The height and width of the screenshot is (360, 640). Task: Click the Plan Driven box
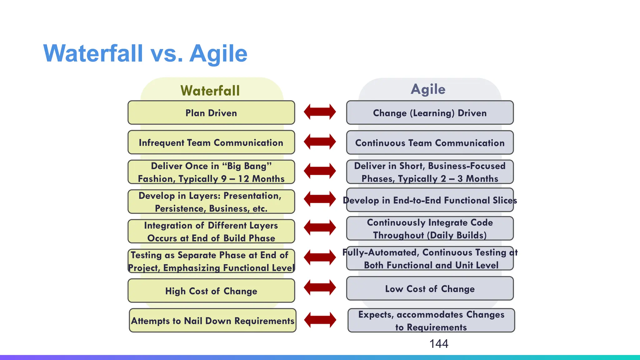pos(211,113)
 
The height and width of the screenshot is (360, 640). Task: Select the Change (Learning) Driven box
pos(430,113)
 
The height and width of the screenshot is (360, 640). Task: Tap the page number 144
pos(439,344)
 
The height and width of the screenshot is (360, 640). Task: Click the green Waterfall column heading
pos(210,91)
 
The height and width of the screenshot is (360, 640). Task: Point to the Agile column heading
pos(428,89)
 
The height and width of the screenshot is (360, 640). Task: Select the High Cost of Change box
pos(211,291)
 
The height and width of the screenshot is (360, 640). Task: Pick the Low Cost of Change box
pos(430,289)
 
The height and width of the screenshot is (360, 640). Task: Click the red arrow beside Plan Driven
pos(320,112)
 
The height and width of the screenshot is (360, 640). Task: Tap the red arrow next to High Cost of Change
pos(320,287)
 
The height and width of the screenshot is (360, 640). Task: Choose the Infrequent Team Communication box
pos(211,142)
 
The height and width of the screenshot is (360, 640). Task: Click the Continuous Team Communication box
pos(430,143)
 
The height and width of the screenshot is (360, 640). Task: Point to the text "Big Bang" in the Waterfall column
pos(247,166)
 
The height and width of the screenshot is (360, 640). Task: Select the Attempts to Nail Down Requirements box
pos(212,321)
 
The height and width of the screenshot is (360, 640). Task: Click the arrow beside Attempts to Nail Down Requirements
pos(320,320)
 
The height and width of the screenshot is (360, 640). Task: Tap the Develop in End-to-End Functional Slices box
pos(430,200)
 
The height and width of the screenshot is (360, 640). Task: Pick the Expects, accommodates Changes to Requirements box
pos(431,321)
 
